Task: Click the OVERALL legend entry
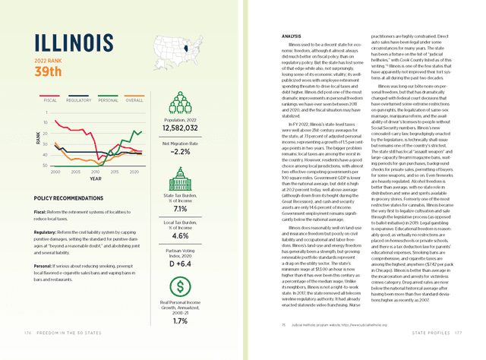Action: click(134, 99)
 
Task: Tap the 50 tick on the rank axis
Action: click(46, 165)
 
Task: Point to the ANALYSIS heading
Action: click(292, 36)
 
